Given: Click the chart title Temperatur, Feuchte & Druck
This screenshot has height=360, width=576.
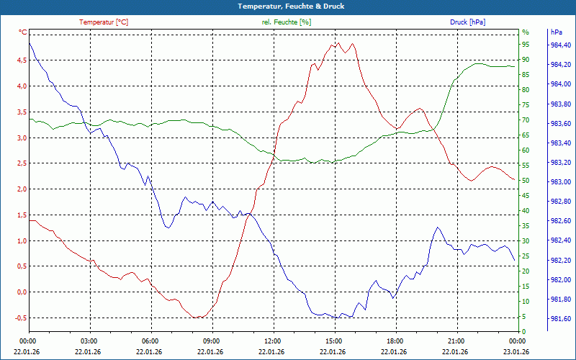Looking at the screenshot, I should [x=288, y=6].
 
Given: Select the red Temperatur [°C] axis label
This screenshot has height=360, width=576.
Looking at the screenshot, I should [x=104, y=22].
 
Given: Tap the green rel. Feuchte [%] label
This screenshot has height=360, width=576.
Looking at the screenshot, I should [x=287, y=22].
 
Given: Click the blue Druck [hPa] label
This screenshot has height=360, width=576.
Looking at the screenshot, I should [x=468, y=22].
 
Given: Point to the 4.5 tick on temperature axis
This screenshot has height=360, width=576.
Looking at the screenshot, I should [x=20, y=60].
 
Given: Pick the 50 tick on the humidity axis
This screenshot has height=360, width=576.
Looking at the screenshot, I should [x=526, y=181].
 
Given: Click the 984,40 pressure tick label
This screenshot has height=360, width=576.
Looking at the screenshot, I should [x=560, y=45].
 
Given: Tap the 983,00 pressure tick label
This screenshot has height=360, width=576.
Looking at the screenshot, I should [x=560, y=182].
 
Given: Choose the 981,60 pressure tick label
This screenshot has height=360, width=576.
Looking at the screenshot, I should [x=560, y=319].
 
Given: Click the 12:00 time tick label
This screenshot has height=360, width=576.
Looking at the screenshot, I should [x=272, y=341].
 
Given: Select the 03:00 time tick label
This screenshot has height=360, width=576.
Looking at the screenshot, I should [x=89, y=341].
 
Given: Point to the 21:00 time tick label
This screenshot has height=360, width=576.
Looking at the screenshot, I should [x=456, y=341].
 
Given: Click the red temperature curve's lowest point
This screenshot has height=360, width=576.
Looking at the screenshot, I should [x=196, y=318].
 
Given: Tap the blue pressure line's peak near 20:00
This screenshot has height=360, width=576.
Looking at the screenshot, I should [x=437, y=228].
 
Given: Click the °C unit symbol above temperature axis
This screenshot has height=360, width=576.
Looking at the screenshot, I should [x=22, y=32].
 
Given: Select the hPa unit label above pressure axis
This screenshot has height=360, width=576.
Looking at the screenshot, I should [x=556, y=32].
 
